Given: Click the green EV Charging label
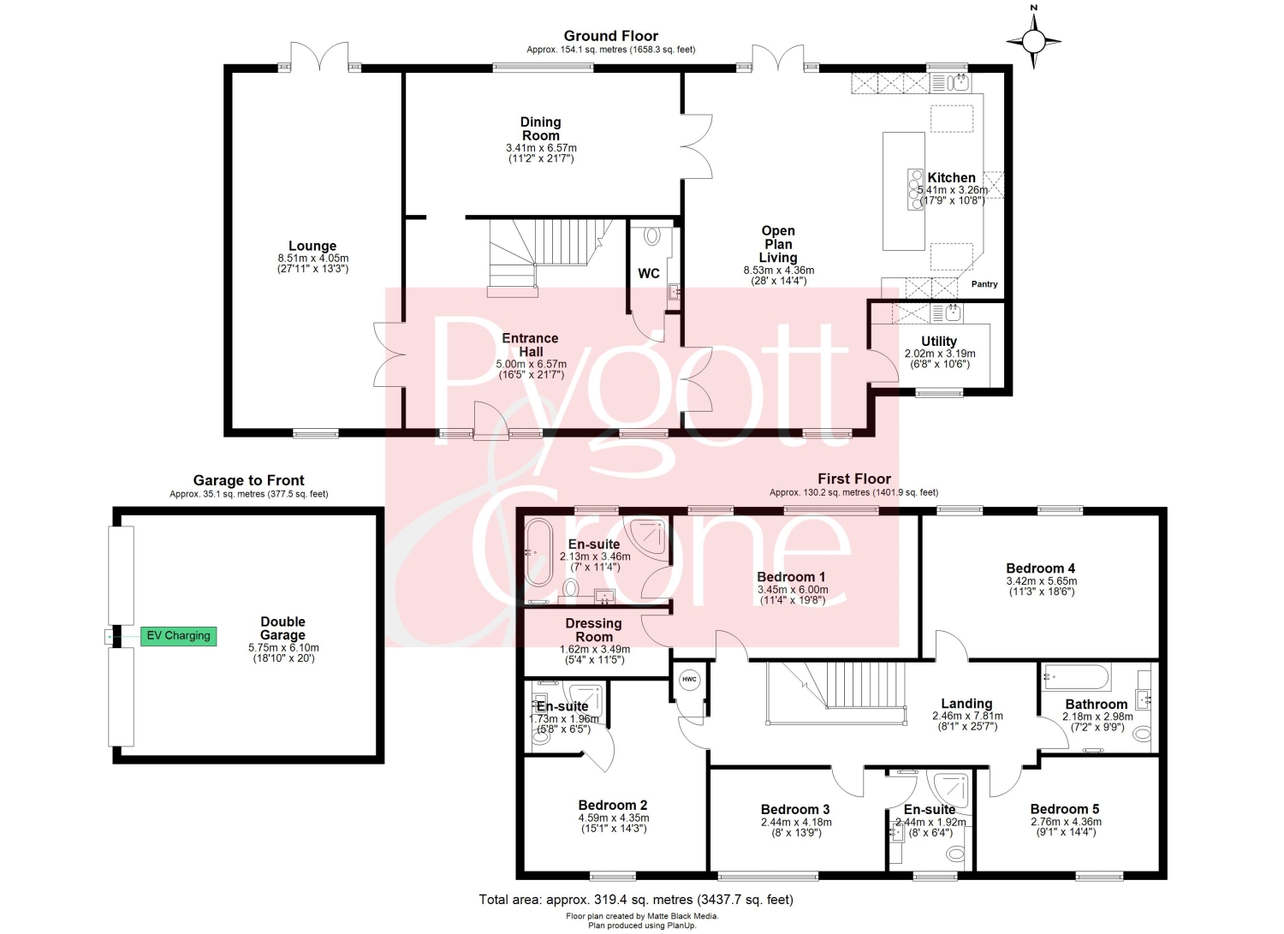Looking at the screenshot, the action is pos(178,636).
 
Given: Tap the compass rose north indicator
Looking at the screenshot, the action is pos(1033,40).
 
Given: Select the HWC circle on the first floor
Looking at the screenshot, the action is pos(689,680).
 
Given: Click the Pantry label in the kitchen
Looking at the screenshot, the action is pos(984,284).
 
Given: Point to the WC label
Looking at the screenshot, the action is pos(648,273).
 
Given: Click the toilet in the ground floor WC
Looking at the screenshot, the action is pos(652,235).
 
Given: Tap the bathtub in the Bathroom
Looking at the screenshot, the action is pos(1077,677).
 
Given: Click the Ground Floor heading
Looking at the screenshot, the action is pos(610,36).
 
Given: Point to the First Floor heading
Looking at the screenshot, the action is pos(854,479).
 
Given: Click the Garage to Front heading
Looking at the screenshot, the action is pos(248,480).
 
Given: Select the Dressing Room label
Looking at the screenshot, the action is pos(594,630).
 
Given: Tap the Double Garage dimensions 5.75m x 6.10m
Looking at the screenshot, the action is pos(283,648).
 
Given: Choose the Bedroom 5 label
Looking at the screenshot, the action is pos(1065,809).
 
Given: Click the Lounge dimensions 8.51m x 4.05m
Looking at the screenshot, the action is pos(313,258).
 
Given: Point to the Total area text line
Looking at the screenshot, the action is pos(636,900).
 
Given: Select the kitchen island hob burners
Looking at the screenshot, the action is pos(915,189).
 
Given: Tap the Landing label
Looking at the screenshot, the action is pos(966,704).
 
